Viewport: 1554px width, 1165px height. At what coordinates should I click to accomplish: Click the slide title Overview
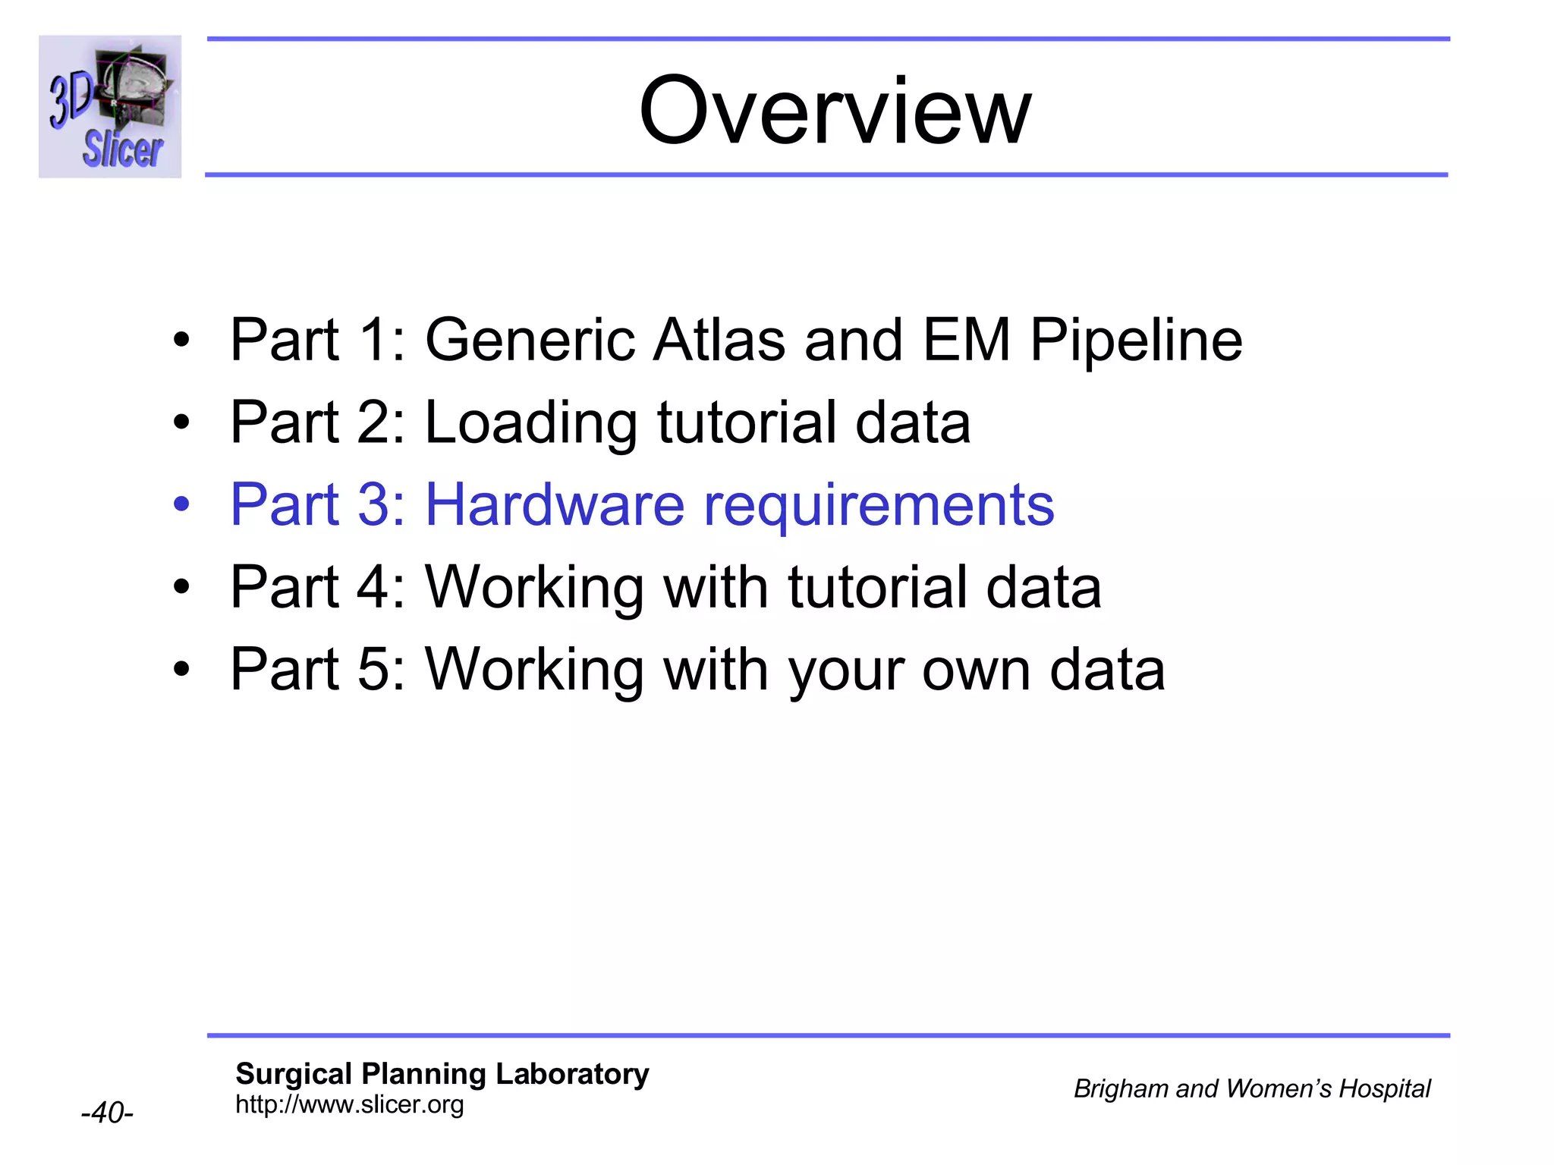834,111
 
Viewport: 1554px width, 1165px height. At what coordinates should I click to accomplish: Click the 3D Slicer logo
110,107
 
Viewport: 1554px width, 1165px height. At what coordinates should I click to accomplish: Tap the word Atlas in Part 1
719,340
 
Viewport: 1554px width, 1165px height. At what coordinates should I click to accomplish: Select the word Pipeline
1136,340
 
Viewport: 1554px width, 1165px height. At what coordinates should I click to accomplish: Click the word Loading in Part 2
530,422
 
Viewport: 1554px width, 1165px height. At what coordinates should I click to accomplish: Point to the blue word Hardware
555,505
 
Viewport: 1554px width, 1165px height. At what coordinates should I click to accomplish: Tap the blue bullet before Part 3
181,505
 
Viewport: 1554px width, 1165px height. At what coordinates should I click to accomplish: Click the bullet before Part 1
181,341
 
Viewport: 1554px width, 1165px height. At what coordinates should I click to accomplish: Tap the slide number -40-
107,1113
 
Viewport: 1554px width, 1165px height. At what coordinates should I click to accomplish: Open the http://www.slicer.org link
349,1104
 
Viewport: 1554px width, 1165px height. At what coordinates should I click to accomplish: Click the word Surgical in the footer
294,1074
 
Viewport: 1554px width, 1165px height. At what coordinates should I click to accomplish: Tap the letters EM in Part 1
966,340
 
